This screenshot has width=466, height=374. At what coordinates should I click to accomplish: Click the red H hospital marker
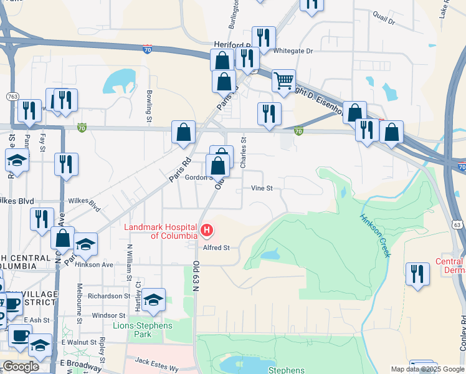tap(207, 232)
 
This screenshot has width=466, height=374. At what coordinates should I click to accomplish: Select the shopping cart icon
tap(283, 80)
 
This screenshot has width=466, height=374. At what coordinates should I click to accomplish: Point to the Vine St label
tap(262, 188)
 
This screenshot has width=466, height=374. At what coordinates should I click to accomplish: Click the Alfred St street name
tap(216, 247)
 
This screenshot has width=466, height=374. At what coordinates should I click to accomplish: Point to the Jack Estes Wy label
tap(157, 364)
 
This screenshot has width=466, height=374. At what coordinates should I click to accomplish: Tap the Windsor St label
tap(104, 315)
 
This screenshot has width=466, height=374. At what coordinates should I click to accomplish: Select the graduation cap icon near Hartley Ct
tap(153, 300)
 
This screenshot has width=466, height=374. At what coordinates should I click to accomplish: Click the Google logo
tap(21, 367)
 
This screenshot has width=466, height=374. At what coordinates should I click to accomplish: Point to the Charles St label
tap(244, 152)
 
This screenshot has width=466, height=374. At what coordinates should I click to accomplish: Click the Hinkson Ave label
tap(99, 264)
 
